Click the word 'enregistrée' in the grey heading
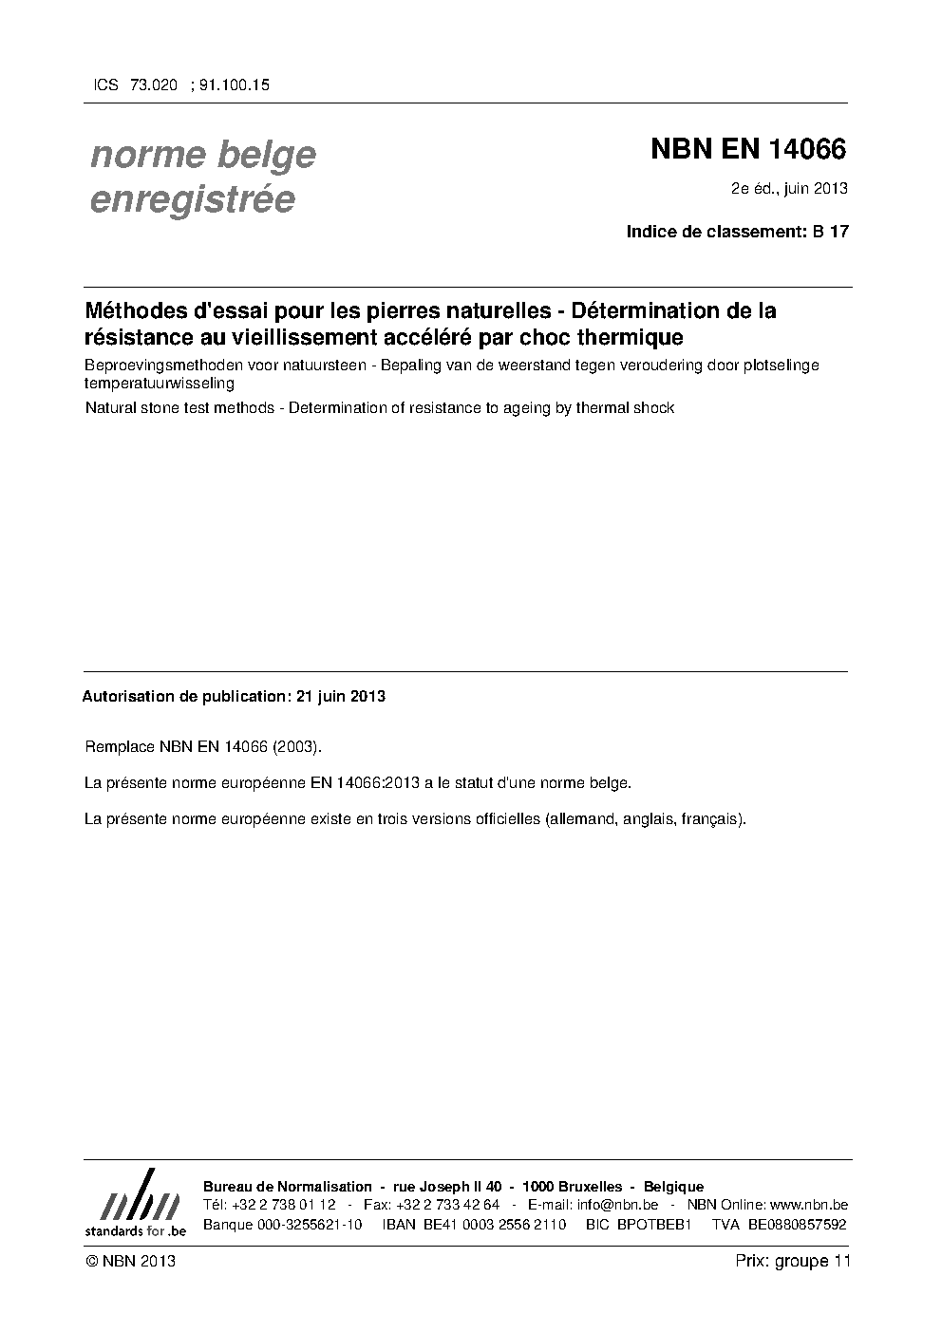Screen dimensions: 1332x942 [192, 199]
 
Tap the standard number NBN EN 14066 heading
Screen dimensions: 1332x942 [747, 149]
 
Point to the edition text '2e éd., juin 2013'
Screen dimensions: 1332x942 [788, 188]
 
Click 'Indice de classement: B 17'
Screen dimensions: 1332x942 [737, 231]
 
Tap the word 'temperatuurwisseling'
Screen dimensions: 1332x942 [159, 384]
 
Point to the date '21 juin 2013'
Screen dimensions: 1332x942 [341, 696]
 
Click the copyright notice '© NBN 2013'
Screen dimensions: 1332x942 [130, 1261]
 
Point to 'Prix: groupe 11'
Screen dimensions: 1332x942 [793, 1261]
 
